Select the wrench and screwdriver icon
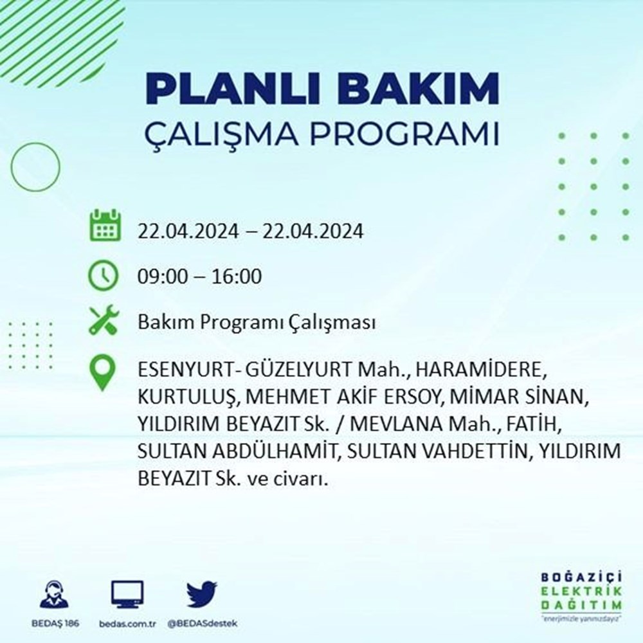click(104, 320)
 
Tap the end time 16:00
click(237, 276)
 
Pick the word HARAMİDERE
click(480, 370)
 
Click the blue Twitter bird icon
click(202, 593)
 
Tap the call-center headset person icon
click(55, 593)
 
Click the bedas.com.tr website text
click(127, 624)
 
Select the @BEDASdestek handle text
click(202, 624)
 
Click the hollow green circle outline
click(12, 167)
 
